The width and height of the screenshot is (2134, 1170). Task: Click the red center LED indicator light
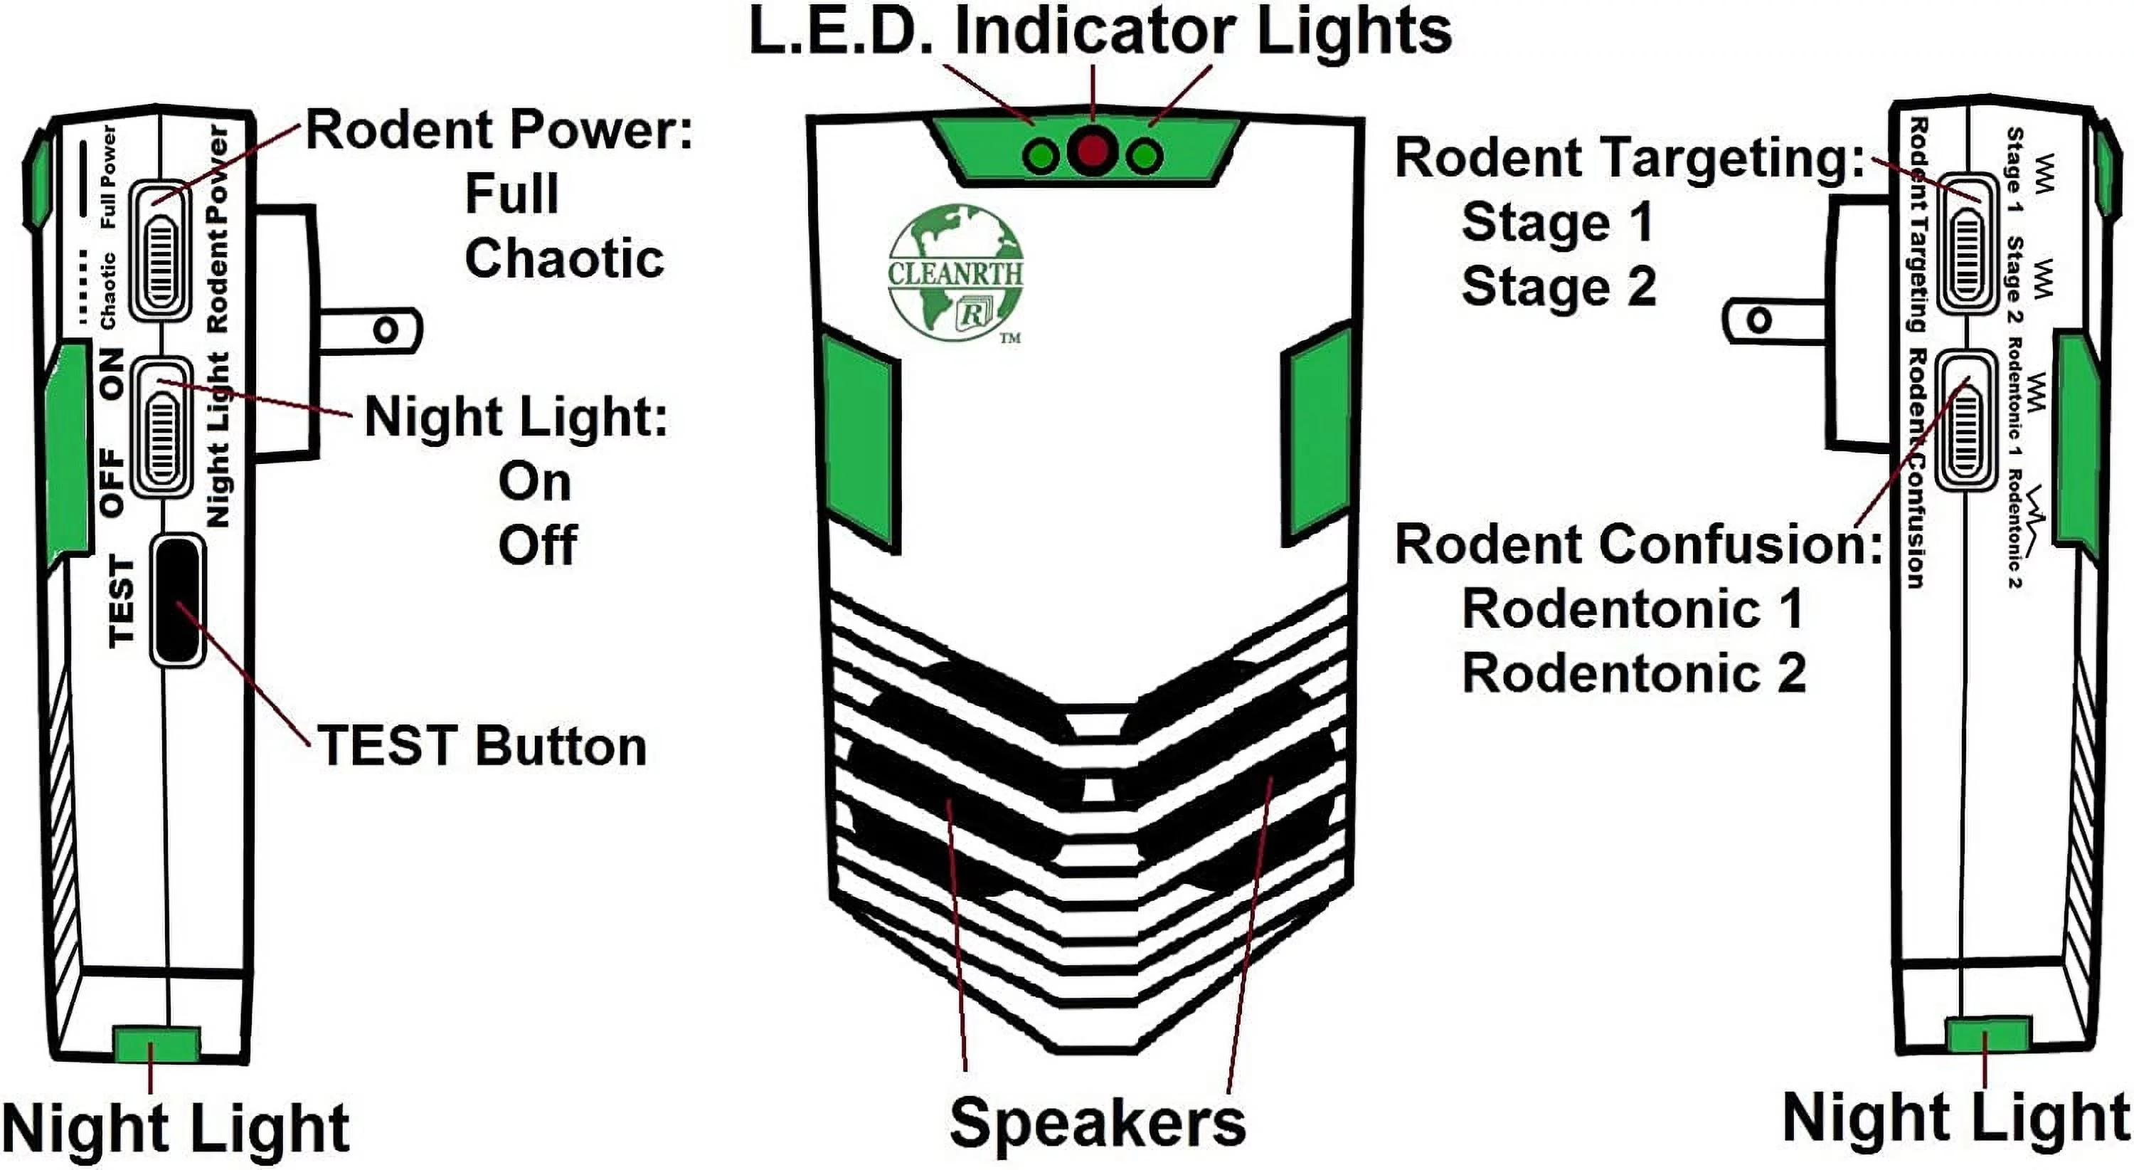(1093, 152)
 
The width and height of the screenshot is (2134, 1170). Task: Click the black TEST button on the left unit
(177, 599)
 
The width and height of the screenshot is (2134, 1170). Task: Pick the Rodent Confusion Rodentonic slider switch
(1965, 421)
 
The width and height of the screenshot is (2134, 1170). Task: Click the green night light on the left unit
(156, 1044)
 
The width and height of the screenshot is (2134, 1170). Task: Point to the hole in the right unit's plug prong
(1757, 320)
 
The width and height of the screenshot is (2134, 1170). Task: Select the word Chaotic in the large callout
(563, 258)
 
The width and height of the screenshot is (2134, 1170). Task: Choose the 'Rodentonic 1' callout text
(1632, 609)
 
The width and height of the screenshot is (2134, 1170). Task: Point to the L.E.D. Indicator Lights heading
(1099, 31)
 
